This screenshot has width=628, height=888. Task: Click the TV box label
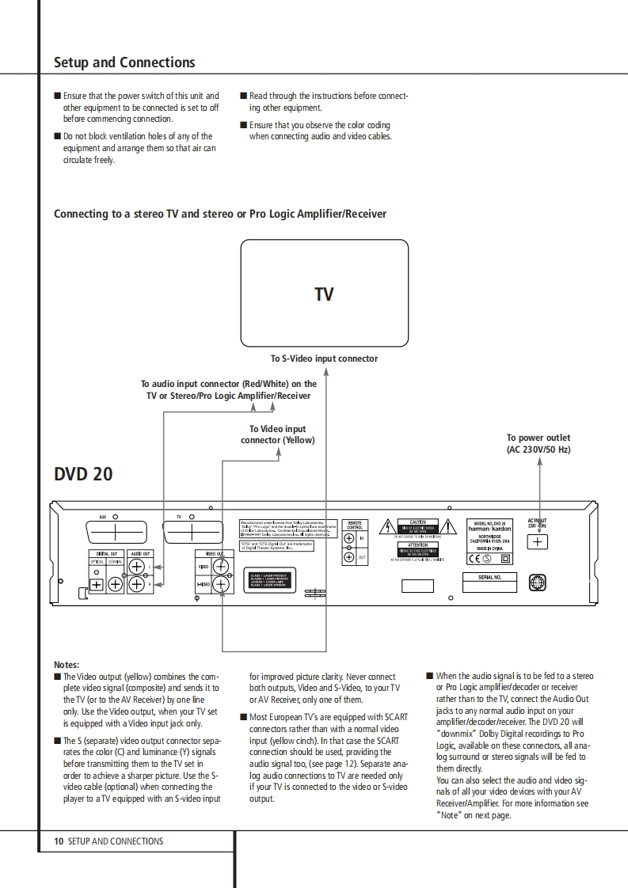click(x=324, y=294)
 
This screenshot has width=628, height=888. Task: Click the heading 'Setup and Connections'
click(x=124, y=63)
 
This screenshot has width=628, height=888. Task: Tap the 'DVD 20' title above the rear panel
click(x=83, y=474)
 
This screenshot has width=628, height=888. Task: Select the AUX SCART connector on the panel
click(x=114, y=531)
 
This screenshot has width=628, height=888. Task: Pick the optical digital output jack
click(x=97, y=585)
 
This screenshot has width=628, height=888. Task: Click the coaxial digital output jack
click(x=115, y=585)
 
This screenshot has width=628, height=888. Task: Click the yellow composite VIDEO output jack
click(x=221, y=567)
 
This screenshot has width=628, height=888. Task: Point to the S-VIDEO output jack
click(x=221, y=585)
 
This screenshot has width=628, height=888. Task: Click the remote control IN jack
click(x=348, y=539)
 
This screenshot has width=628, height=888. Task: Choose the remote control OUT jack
click(x=348, y=558)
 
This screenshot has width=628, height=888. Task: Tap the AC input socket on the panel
click(x=538, y=542)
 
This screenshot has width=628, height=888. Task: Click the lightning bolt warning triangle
click(x=386, y=527)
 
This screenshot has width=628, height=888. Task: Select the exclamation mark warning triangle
click(x=449, y=527)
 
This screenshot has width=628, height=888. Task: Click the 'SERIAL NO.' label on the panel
click(x=489, y=578)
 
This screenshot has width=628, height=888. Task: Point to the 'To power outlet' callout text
click(x=539, y=443)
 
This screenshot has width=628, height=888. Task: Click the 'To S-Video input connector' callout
click(x=324, y=359)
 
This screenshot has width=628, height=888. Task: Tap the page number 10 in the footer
click(x=59, y=841)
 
